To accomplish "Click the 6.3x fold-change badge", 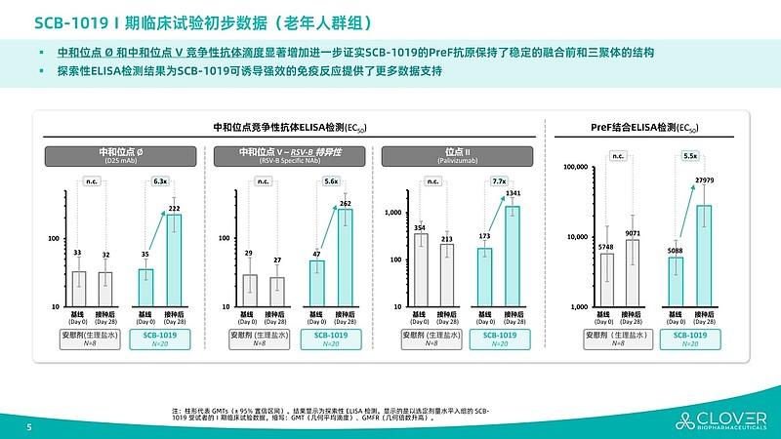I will tap(160, 180).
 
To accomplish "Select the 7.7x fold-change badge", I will tap(499, 180).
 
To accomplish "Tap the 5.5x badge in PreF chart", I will tap(690, 155).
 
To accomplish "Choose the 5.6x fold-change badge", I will tap(331, 180).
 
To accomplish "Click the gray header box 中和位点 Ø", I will tap(121, 155).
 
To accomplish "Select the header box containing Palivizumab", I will tap(459, 155).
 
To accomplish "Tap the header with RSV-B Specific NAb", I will tap(290, 155).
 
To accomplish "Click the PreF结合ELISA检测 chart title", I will tap(646, 127).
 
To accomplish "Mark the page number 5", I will tap(28, 427).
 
